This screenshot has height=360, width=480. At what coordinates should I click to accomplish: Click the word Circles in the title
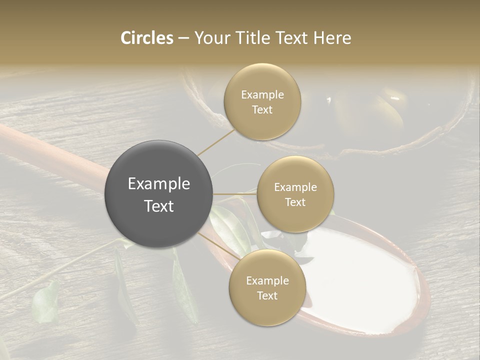147,38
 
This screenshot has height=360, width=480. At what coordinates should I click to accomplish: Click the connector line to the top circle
216,142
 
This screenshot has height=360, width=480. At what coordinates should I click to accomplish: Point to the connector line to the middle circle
235,193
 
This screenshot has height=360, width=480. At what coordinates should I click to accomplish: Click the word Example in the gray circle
159,184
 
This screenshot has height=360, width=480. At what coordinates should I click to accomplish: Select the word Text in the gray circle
159,206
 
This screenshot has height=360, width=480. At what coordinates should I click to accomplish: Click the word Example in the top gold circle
262,95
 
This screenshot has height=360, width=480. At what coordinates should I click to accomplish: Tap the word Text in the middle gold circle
295,202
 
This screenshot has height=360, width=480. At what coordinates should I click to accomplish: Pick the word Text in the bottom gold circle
267,295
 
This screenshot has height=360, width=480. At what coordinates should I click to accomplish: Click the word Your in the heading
210,38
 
